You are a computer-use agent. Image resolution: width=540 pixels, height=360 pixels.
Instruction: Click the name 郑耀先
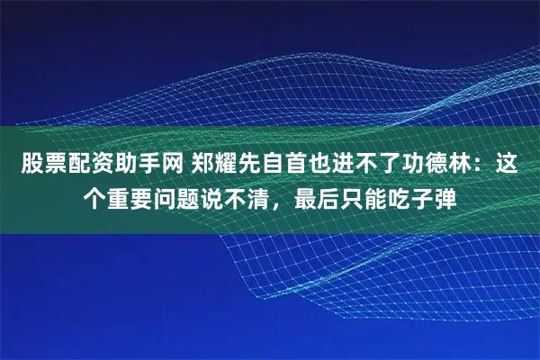coord(222,166)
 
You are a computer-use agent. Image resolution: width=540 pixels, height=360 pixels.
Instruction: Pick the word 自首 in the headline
coord(280,166)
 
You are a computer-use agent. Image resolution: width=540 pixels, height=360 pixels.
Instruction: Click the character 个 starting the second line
coord(94,195)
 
